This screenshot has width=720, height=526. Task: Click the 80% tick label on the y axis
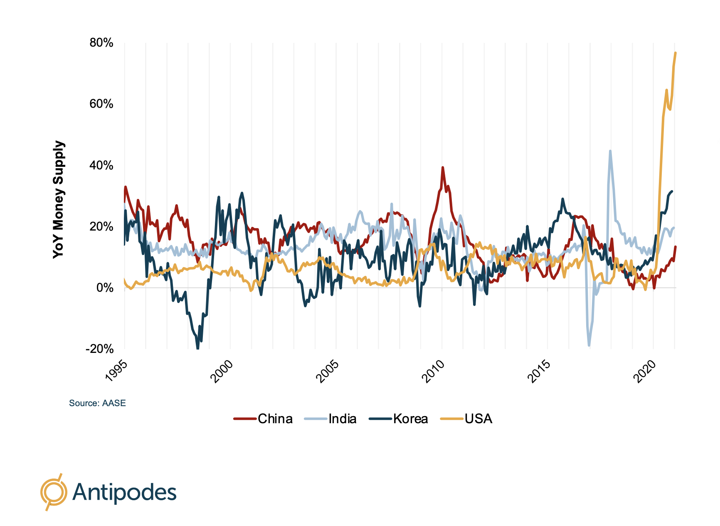(x=101, y=43)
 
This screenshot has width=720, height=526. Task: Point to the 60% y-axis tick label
(x=101, y=104)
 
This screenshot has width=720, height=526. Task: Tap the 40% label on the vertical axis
(x=101, y=165)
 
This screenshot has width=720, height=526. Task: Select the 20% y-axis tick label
(x=101, y=226)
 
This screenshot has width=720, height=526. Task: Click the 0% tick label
(x=105, y=288)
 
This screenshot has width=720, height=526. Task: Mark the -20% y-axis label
(x=100, y=349)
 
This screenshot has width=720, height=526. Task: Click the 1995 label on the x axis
(x=116, y=371)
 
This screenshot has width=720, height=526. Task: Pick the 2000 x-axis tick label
(x=222, y=371)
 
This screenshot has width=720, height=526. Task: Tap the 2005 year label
(x=328, y=371)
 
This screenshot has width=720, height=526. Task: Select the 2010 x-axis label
(x=433, y=371)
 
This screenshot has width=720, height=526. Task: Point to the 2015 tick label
(x=539, y=371)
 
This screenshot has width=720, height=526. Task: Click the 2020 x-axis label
(x=645, y=371)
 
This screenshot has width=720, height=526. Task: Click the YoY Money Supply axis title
(x=59, y=199)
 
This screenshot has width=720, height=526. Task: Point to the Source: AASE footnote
(x=97, y=403)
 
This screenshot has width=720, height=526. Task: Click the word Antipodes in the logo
(x=125, y=492)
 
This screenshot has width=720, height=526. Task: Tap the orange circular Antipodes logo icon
(x=53, y=492)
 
